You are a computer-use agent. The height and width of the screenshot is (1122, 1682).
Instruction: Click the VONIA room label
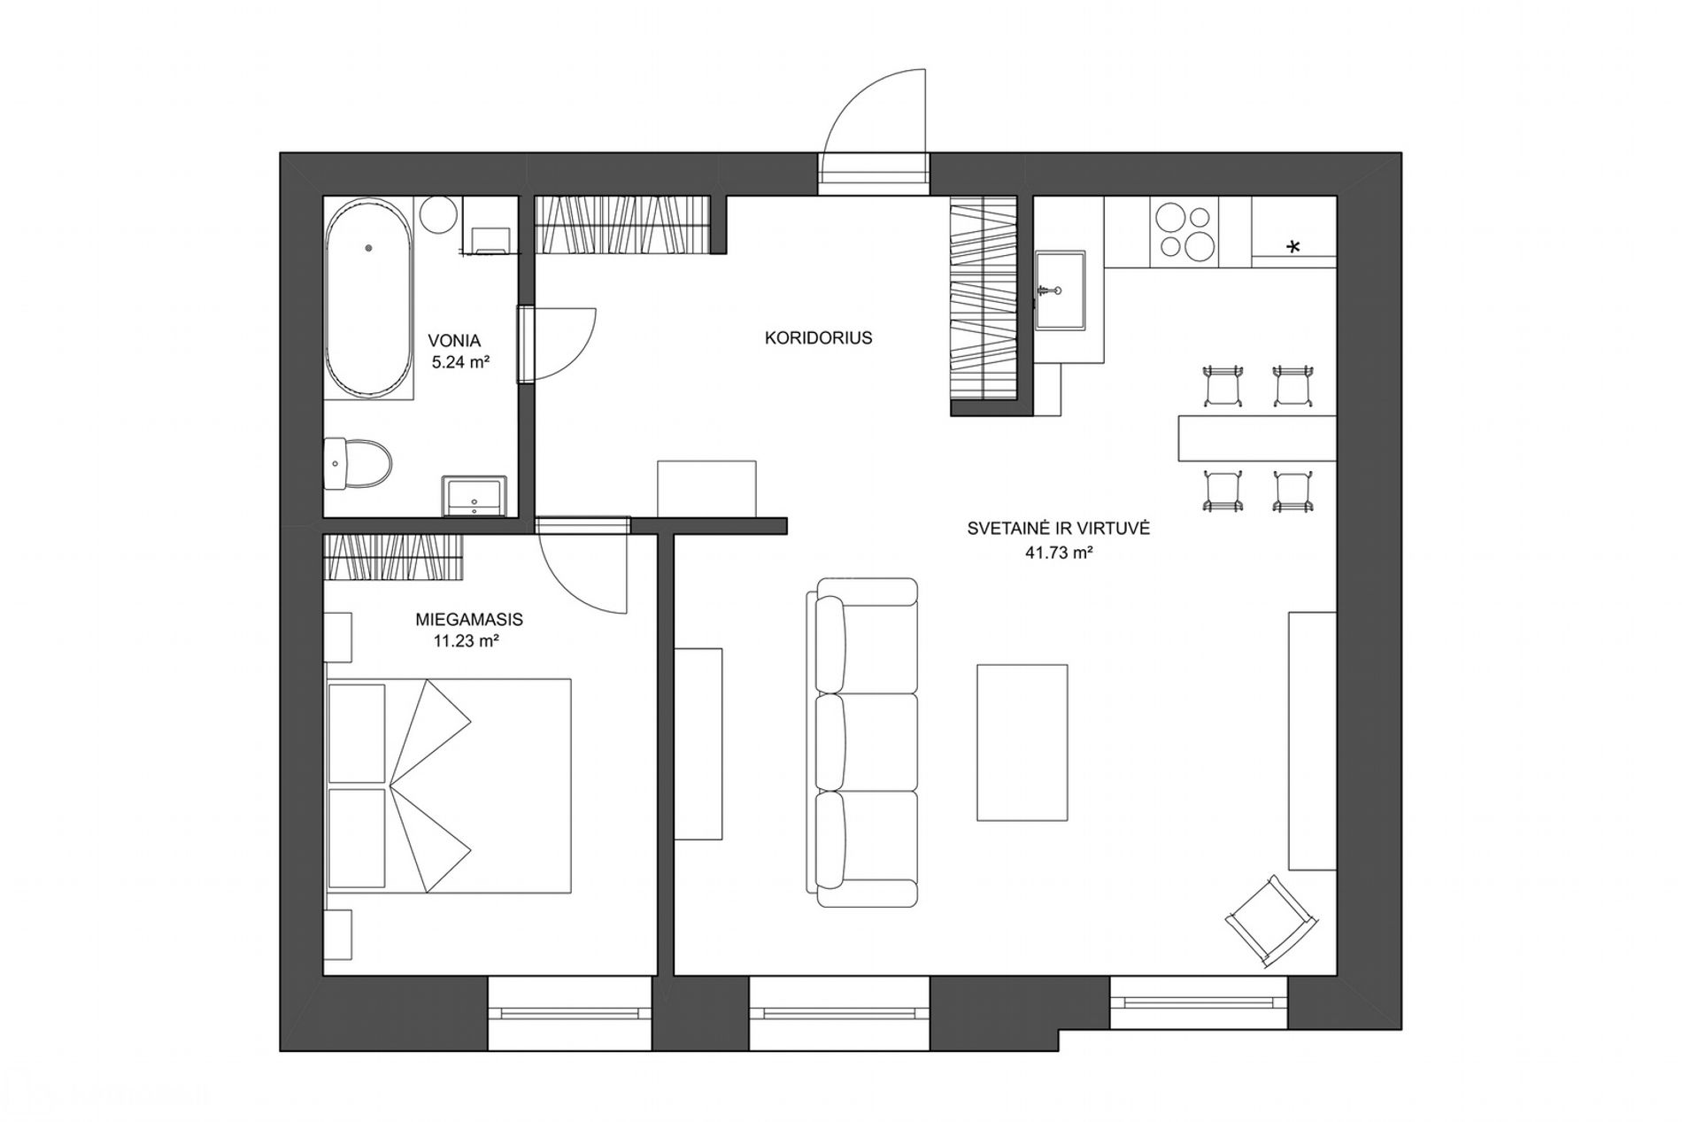click(454, 341)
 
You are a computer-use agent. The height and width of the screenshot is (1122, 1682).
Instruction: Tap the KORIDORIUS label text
click(819, 337)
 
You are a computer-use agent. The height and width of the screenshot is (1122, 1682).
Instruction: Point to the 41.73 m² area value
click(1058, 553)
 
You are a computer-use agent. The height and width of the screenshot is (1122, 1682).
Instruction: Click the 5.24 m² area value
click(461, 361)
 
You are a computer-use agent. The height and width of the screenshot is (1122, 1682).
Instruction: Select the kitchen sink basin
click(1060, 290)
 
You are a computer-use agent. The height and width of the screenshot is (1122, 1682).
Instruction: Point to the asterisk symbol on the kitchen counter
click(1293, 246)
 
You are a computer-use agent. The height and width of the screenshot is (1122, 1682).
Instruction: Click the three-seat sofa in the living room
click(861, 742)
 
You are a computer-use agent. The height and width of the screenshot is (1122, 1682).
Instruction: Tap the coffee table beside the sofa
click(1022, 742)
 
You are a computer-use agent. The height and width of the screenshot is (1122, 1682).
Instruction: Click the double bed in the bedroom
click(448, 786)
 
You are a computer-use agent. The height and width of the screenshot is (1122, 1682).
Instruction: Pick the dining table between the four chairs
click(1256, 438)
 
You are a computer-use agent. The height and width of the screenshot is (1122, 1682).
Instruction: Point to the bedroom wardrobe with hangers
click(394, 557)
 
